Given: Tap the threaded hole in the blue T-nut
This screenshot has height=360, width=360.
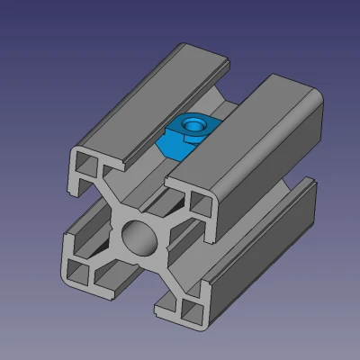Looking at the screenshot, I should (x=191, y=122).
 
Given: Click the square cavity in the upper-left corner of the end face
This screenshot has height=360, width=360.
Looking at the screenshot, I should (x=88, y=165).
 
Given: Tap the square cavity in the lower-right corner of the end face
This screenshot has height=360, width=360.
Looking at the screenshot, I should (x=190, y=311).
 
